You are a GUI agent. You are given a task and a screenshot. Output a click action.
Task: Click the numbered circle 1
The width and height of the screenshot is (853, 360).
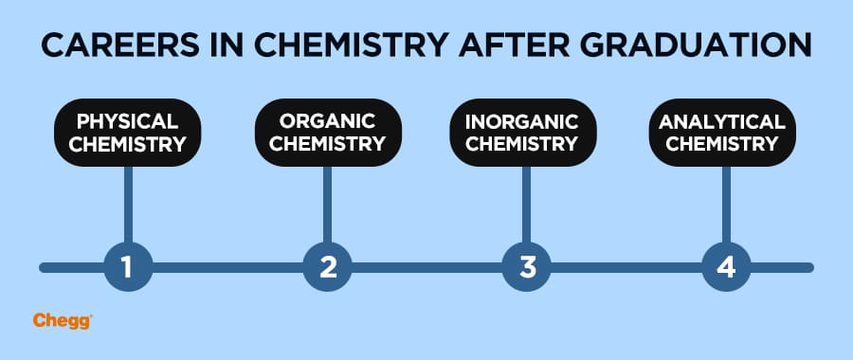coord(128,267)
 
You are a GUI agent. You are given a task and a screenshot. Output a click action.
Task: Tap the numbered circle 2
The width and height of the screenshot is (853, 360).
coord(328,267)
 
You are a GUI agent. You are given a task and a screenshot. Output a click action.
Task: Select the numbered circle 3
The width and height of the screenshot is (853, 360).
coord(527,267)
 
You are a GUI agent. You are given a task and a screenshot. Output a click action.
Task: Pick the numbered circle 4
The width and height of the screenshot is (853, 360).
coord(726,267)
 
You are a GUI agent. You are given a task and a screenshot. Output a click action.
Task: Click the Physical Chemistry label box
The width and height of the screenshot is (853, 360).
coord(128,134)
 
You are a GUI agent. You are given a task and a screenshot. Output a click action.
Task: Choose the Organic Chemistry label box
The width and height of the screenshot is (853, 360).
coord(327,133)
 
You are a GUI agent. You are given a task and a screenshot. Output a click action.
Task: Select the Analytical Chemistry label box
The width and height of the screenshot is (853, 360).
coord(722,133)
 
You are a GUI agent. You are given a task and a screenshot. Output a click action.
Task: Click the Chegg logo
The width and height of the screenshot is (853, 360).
coord(62,321)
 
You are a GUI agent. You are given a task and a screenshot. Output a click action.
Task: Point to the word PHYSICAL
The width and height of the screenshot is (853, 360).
coord(128,122)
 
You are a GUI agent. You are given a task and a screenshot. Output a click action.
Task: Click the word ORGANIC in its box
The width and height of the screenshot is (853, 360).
coord(327,121)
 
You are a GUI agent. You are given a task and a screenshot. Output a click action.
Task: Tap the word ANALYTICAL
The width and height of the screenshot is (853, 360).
coord(722,122)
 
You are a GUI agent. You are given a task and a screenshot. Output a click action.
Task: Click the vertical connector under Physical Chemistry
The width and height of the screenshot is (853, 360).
coord(128,204)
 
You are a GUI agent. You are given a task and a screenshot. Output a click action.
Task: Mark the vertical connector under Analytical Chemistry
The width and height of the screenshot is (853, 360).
coord(726,204)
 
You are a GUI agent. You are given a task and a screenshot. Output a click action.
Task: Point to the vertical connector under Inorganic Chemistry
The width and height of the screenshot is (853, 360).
coord(527,204)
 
